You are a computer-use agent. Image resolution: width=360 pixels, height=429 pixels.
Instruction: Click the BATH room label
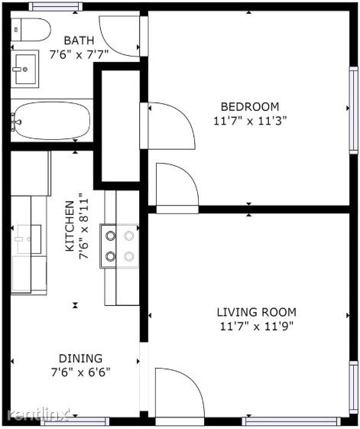[x=79, y=41]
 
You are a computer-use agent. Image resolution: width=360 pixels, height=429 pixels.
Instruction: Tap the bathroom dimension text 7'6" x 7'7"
[x=79, y=55]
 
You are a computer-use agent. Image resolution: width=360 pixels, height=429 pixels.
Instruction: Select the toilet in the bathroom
[x=31, y=30]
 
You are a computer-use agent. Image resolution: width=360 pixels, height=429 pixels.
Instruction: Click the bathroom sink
[x=25, y=69]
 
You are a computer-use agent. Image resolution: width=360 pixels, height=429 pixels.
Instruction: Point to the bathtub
[x=52, y=120]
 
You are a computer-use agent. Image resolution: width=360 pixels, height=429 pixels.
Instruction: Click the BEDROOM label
[x=250, y=107]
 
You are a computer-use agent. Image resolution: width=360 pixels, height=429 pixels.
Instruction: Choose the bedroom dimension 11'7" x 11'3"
[x=250, y=121]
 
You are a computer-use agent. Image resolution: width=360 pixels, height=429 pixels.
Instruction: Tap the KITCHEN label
[x=70, y=226]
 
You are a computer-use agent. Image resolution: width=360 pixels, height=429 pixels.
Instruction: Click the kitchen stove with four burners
[x=119, y=246]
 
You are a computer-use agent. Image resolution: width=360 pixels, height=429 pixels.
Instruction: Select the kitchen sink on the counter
[x=29, y=239]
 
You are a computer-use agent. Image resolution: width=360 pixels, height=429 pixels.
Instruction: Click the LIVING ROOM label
[x=256, y=312]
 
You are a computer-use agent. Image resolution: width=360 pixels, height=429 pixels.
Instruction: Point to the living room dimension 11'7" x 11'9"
[x=256, y=326]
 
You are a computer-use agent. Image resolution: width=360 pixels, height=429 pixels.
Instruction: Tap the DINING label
[x=81, y=359]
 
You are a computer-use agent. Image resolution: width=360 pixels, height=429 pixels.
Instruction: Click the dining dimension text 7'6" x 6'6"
[x=81, y=372]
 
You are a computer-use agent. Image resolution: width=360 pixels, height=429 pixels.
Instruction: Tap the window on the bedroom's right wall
[x=354, y=109]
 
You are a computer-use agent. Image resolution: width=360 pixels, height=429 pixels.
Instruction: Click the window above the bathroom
[x=56, y=7]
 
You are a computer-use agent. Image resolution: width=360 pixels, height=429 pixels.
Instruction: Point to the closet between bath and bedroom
[x=120, y=126]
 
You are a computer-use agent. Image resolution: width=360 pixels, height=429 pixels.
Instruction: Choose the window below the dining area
[x=75, y=421]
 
